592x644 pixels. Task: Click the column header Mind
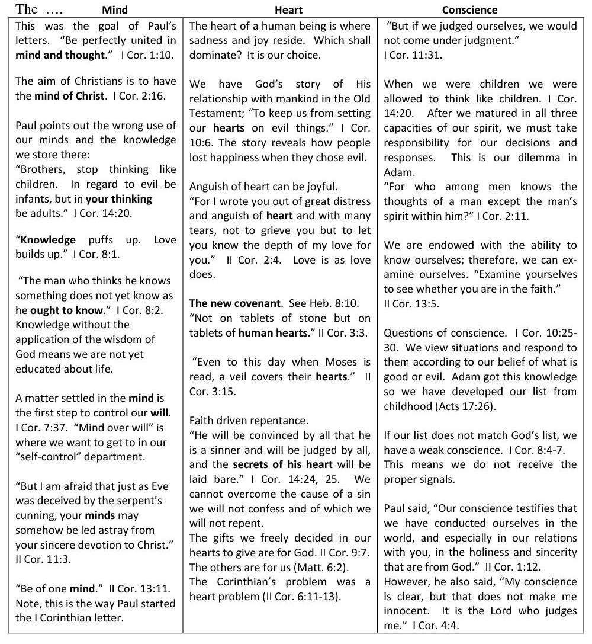(x=115, y=10)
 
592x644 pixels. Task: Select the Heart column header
(x=288, y=10)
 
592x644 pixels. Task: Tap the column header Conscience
(x=469, y=10)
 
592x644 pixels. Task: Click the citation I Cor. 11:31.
(x=413, y=55)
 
